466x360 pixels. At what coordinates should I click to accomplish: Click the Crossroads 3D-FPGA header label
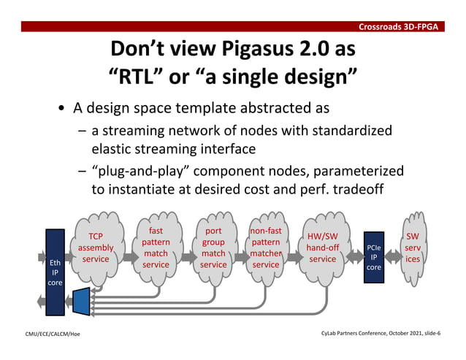pyautogui.click(x=397, y=27)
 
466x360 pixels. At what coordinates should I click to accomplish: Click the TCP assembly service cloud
pyautogui.click(x=96, y=248)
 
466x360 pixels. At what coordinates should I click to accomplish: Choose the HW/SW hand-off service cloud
pyautogui.click(x=322, y=248)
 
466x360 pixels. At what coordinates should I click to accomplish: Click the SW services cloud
pyautogui.click(x=413, y=248)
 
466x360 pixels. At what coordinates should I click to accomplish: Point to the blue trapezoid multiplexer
pyautogui.click(x=80, y=302)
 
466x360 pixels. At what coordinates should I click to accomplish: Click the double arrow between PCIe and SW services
pyautogui.click(x=391, y=257)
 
